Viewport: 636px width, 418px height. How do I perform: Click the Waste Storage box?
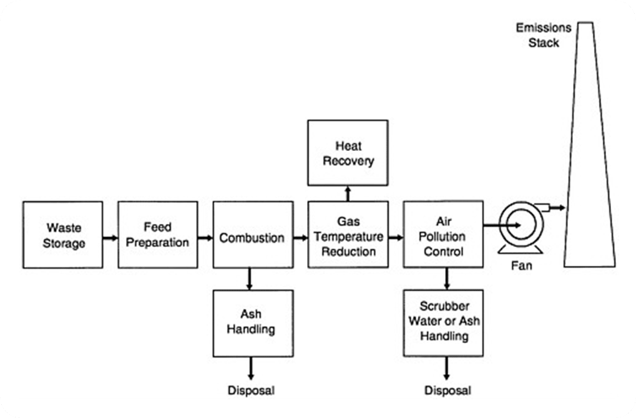62,235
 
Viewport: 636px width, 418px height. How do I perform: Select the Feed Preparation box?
157,235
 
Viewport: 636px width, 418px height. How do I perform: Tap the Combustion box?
252,235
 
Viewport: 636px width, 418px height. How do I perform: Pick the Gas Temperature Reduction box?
347,235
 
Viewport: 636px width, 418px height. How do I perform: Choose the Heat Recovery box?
347,153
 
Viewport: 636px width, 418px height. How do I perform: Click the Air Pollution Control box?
443,235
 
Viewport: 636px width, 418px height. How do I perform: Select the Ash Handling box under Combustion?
252,322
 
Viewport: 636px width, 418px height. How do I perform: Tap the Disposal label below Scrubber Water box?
448,391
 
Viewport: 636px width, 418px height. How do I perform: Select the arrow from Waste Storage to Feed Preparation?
110,238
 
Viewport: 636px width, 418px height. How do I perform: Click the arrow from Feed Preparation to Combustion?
205,238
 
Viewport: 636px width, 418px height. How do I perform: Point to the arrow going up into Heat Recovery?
348,193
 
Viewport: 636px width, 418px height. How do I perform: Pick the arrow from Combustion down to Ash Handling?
250,278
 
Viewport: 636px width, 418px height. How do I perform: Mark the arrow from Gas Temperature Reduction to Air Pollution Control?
396,238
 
